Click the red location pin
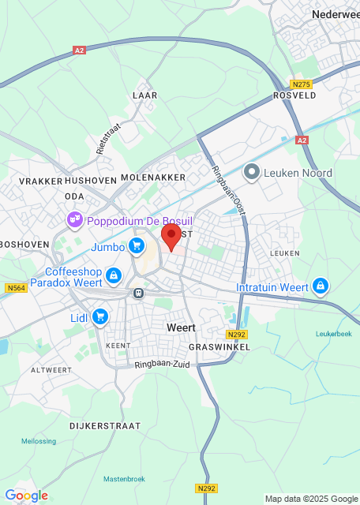pyautogui.click(x=171, y=235)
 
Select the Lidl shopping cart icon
pyautogui.click(x=99, y=316)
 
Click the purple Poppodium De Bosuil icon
pyautogui.click(x=75, y=219)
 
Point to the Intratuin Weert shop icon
pyautogui.click(x=320, y=285)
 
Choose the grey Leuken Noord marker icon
pyautogui.click(x=252, y=172)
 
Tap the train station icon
pyautogui.click(x=138, y=293)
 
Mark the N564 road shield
pyautogui.click(x=16, y=288)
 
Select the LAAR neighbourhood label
pyautogui.click(x=145, y=95)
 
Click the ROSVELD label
pyautogui.click(x=294, y=95)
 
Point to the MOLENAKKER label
pyautogui.click(x=153, y=178)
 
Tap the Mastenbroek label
pyautogui.click(x=123, y=478)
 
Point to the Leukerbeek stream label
pyautogui.click(x=334, y=333)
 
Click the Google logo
pyautogui.click(x=26, y=496)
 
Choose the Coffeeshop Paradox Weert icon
pyautogui.click(x=114, y=275)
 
